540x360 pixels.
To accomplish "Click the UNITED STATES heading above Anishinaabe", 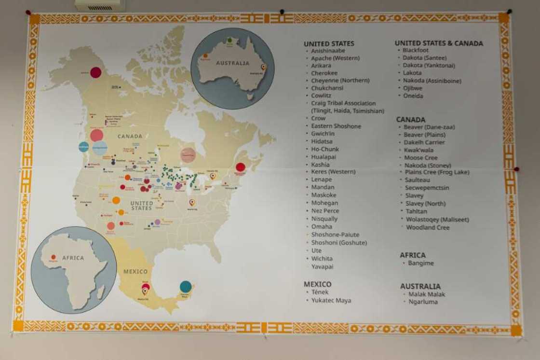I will [x=329, y=43].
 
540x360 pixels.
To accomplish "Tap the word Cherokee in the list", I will [x=324, y=73].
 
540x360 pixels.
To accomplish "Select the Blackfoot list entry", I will [x=416, y=50].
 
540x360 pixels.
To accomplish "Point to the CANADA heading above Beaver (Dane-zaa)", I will [x=411, y=119].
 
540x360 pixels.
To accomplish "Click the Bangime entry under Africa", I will [x=421, y=263].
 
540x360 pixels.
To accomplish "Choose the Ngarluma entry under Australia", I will [x=423, y=302].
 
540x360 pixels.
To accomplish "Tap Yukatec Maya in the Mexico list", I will [x=331, y=300].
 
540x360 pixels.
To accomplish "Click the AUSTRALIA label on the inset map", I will [x=232, y=63].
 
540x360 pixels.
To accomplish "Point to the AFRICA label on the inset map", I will [x=73, y=258].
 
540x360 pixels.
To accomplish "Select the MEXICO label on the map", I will [x=135, y=271].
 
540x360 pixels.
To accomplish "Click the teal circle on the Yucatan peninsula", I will [x=186, y=287].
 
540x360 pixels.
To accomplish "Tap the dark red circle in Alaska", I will [x=95, y=72].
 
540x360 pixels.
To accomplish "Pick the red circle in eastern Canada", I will [x=240, y=167].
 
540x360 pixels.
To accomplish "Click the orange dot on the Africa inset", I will [x=53, y=257].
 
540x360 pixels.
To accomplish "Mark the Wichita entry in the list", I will [x=322, y=258].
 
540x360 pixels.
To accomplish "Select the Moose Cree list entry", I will [x=421, y=158].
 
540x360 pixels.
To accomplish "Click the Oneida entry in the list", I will [x=413, y=96].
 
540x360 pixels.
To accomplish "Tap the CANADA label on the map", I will [x=130, y=136].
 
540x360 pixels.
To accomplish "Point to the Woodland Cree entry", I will [x=428, y=227].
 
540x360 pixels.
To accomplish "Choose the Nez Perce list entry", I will [x=325, y=210].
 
